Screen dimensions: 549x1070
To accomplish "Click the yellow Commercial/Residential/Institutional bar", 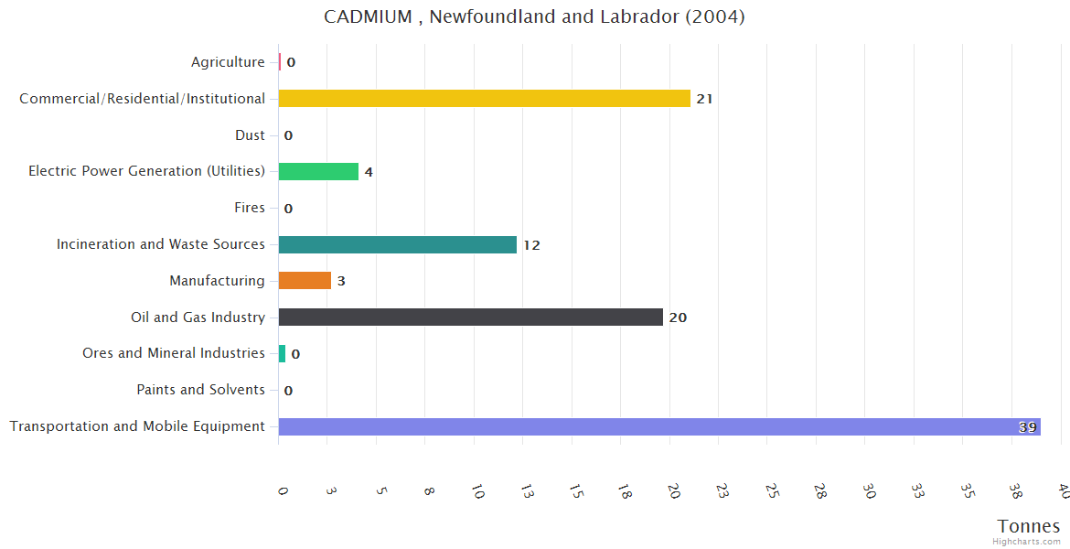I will tap(484, 98).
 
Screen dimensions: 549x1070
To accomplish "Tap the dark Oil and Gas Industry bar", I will tap(470, 317).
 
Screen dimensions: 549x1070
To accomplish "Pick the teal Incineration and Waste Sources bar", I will tap(397, 244).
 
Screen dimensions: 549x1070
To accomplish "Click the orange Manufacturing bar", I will tap(305, 280).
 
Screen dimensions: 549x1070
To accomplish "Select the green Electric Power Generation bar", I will tap(318, 171).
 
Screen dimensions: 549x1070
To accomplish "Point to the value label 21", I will tap(704, 99).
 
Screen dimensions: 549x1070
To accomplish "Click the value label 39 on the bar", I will tap(1028, 427).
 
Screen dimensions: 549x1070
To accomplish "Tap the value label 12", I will tap(531, 245).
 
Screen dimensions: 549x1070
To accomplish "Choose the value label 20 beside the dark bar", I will tap(678, 318).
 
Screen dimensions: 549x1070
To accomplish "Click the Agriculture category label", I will tap(228, 62).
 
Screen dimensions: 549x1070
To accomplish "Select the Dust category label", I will tap(250, 135).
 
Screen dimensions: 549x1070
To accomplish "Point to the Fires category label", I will tap(250, 208).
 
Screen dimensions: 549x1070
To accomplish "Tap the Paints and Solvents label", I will tap(200, 390).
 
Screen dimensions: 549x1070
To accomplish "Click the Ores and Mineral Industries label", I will tap(174, 353).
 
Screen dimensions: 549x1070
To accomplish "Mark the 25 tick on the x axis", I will tap(771, 491).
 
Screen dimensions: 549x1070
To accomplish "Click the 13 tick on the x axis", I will tap(526, 491).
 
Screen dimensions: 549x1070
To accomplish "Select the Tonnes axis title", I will tap(1029, 526).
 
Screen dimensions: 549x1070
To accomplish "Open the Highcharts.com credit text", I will tap(1027, 542).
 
